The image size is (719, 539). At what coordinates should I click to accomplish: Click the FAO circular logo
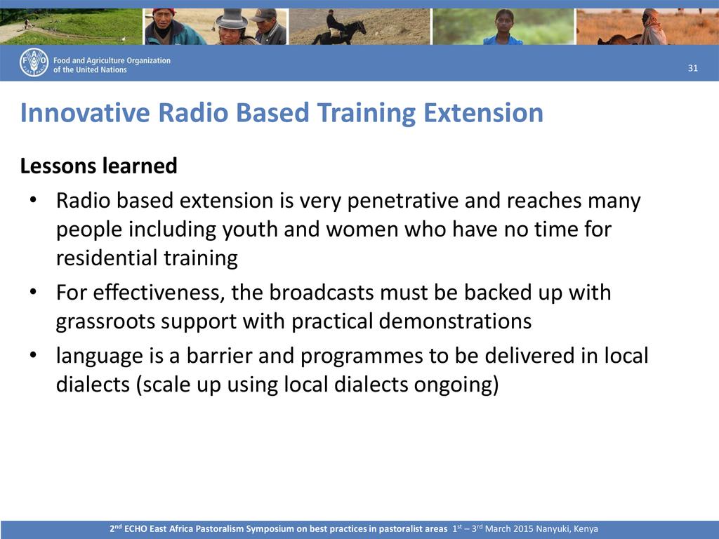34,62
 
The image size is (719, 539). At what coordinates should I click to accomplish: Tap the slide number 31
693,68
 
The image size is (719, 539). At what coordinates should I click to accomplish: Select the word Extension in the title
483,113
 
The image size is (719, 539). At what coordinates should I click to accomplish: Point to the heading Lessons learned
98,166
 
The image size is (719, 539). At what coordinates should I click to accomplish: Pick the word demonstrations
455,321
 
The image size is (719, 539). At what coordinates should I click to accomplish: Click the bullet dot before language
32,356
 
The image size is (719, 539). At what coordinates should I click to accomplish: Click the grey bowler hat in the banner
232,18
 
